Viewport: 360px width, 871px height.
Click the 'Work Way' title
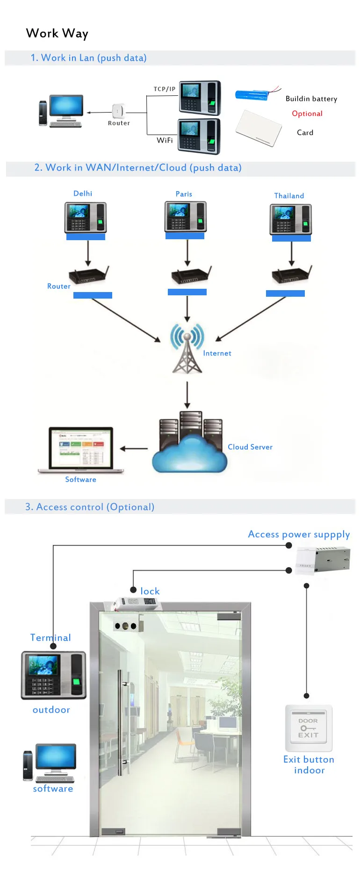[x=57, y=34]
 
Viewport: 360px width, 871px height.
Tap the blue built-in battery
[x=252, y=95]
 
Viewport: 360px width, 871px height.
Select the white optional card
[x=259, y=128]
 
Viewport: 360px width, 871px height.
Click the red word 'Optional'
[x=307, y=114]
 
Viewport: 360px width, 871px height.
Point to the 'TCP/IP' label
[x=165, y=89]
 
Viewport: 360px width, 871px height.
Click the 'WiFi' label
[x=165, y=140]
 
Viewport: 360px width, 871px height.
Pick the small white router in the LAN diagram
[x=118, y=111]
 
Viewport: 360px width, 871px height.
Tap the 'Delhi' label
[x=83, y=193]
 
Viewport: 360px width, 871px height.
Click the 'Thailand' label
[x=289, y=196]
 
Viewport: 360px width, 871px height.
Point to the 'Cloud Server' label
[x=250, y=447]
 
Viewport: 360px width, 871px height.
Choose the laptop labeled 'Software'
[x=81, y=449]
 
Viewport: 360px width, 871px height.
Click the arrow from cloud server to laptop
[x=134, y=449]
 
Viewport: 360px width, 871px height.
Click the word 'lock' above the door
[x=150, y=591]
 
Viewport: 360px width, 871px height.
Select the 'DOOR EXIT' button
[x=309, y=728]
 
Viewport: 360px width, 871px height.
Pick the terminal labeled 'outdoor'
[x=54, y=675]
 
